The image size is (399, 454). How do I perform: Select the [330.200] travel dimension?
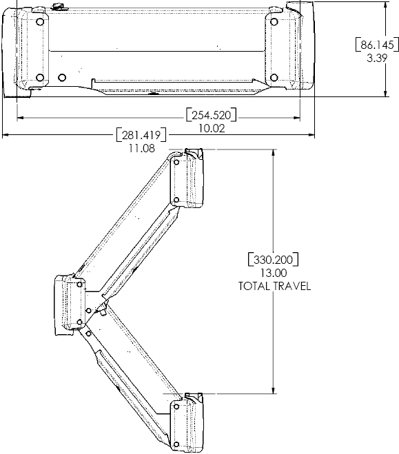[274, 260]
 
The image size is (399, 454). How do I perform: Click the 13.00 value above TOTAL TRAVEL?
[274, 273]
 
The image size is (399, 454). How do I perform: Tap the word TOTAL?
[255, 286]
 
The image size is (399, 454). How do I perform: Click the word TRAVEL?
[292, 286]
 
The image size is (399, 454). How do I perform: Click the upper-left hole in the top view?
[40, 21]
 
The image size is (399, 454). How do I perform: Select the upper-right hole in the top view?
[274, 21]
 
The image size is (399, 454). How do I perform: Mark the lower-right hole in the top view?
[274, 76]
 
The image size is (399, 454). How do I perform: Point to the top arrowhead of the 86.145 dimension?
[383, 4]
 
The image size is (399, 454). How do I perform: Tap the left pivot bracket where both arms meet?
[67, 304]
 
